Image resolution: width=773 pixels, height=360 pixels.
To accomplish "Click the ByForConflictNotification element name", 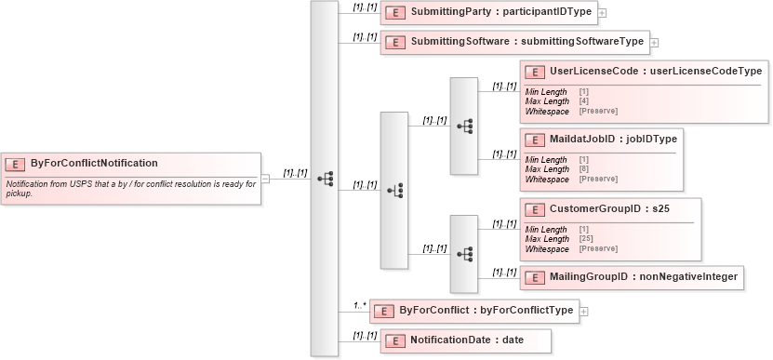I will point(94,163).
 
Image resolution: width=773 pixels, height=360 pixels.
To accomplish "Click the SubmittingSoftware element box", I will point(514,42).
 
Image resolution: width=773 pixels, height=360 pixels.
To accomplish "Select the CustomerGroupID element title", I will point(609,209).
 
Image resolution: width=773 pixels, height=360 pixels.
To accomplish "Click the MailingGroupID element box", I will point(632,276).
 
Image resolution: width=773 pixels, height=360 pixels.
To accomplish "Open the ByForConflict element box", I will point(480,310).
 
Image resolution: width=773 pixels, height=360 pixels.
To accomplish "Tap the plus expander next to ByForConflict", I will point(584,311).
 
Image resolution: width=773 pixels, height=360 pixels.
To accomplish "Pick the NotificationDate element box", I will point(465,340).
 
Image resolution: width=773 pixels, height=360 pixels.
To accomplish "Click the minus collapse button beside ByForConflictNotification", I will point(265,179).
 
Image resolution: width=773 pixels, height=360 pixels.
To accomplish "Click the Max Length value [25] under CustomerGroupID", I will point(586,239).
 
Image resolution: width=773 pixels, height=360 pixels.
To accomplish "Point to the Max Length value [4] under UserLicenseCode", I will point(583,101).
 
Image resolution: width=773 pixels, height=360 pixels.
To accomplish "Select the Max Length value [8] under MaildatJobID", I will point(583,169).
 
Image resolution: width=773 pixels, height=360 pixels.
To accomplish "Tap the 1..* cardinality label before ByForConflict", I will point(359,305).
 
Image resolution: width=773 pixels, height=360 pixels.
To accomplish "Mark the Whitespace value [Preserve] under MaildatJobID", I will point(598,179).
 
